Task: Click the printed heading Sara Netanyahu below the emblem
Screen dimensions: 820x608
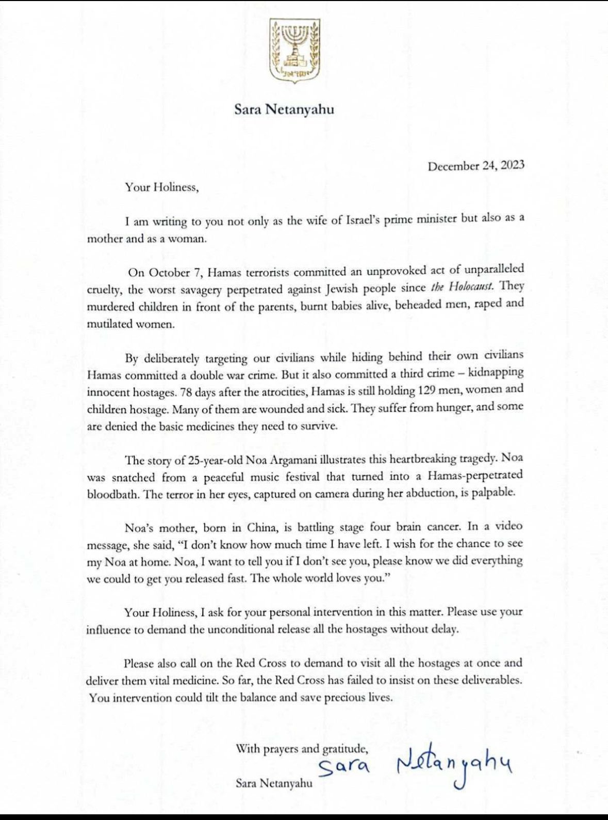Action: (284, 109)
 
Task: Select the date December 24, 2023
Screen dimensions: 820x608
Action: (476, 166)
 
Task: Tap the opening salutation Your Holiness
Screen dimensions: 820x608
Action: (161, 187)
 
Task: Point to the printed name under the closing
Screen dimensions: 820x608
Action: (274, 783)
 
